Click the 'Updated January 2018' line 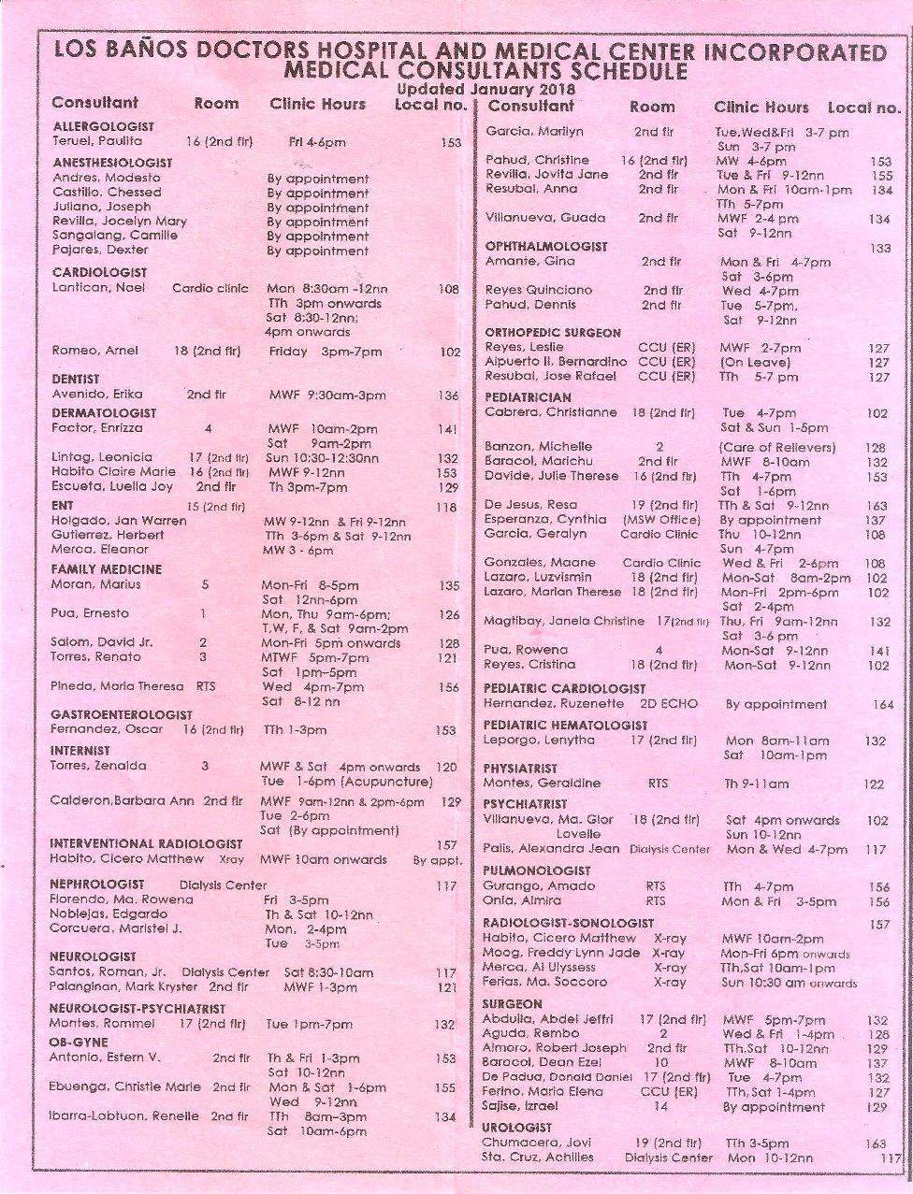485,90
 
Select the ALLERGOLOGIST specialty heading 103,126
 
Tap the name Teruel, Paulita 97,141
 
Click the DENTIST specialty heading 75,380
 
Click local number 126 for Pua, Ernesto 449,614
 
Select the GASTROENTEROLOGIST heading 122,715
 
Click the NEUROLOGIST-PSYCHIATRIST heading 138,1009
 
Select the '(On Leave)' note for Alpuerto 756,362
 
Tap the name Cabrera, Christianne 550,412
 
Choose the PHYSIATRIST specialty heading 520,769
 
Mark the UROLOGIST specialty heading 516,1128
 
